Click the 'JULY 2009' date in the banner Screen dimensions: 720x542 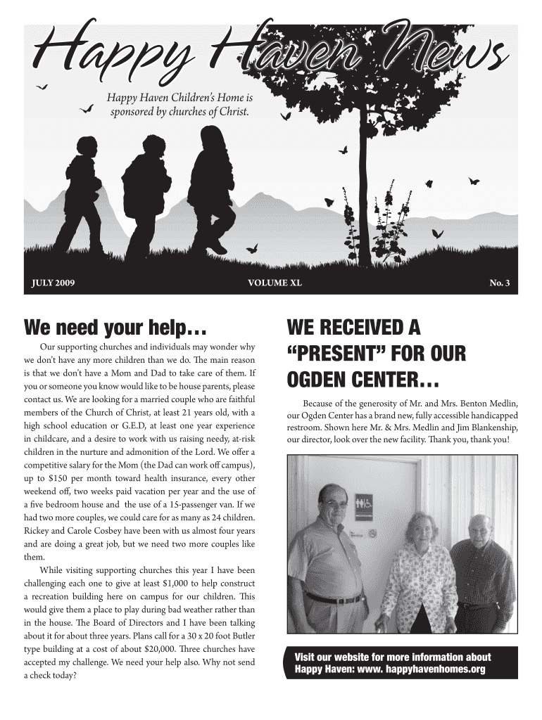(53, 283)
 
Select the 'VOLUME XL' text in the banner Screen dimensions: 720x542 (275, 283)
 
